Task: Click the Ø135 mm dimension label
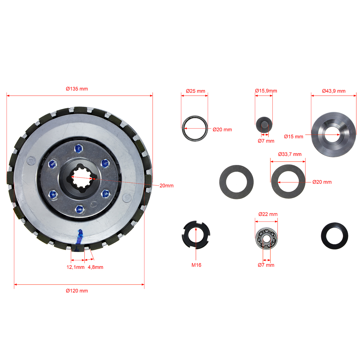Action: [x=77, y=89]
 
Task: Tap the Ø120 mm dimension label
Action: [x=77, y=291]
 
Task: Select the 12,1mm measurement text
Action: [x=76, y=267]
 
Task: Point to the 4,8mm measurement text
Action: [x=95, y=267]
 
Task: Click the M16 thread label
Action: [x=196, y=265]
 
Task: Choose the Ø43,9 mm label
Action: [x=334, y=91]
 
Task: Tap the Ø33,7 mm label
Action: [x=290, y=154]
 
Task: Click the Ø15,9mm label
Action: [x=266, y=91]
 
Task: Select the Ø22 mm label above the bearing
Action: [x=268, y=214]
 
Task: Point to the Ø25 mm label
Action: [x=195, y=91]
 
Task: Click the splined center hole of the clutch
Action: [x=82, y=178]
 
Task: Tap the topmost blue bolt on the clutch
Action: [x=79, y=149]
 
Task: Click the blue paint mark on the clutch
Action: [x=80, y=239]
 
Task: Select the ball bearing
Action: [x=266, y=238]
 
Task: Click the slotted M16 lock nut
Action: [x=196, y=235]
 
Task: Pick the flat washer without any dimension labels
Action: [x=236, y=182]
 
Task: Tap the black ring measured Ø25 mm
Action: [x=195, y=128]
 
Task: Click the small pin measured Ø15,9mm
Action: [x=264, y=125]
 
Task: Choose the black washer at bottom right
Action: [x=334, y=235]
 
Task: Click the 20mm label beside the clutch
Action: [x=166, y=185]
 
